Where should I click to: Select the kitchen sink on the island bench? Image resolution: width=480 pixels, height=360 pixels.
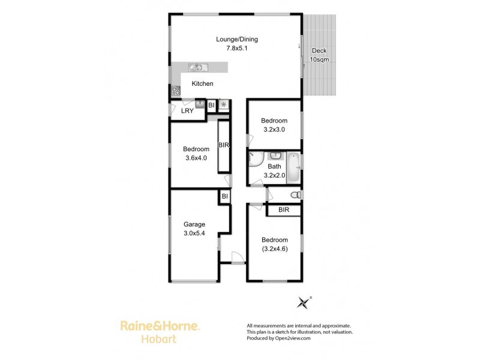tap(196, 67)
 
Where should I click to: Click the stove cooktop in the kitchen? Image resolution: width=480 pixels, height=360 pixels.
tap(176, 91)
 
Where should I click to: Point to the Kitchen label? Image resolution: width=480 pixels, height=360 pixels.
tap(202, 83)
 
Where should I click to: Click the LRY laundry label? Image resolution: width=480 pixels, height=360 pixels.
tap(187, 111)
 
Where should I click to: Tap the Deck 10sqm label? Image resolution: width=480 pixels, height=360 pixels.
tap(319, 55)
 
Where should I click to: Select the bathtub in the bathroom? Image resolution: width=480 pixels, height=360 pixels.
tap(293, 168)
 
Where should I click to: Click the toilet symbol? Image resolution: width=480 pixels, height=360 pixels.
tap(294, 196)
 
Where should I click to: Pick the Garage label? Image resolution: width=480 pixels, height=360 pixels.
tap(194, 224)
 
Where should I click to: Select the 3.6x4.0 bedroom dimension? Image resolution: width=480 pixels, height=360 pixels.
tap(196, 158)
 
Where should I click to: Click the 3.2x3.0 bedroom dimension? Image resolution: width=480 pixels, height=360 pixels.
tap(274, 129)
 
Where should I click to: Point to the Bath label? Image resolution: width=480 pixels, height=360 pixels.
tap(274, 167)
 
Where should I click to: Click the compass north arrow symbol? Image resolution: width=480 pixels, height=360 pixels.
tap(305, 302)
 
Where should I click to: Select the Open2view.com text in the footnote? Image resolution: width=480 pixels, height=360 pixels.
tap(294, 338)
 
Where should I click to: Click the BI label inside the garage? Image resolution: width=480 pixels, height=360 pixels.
tap(224, 197)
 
